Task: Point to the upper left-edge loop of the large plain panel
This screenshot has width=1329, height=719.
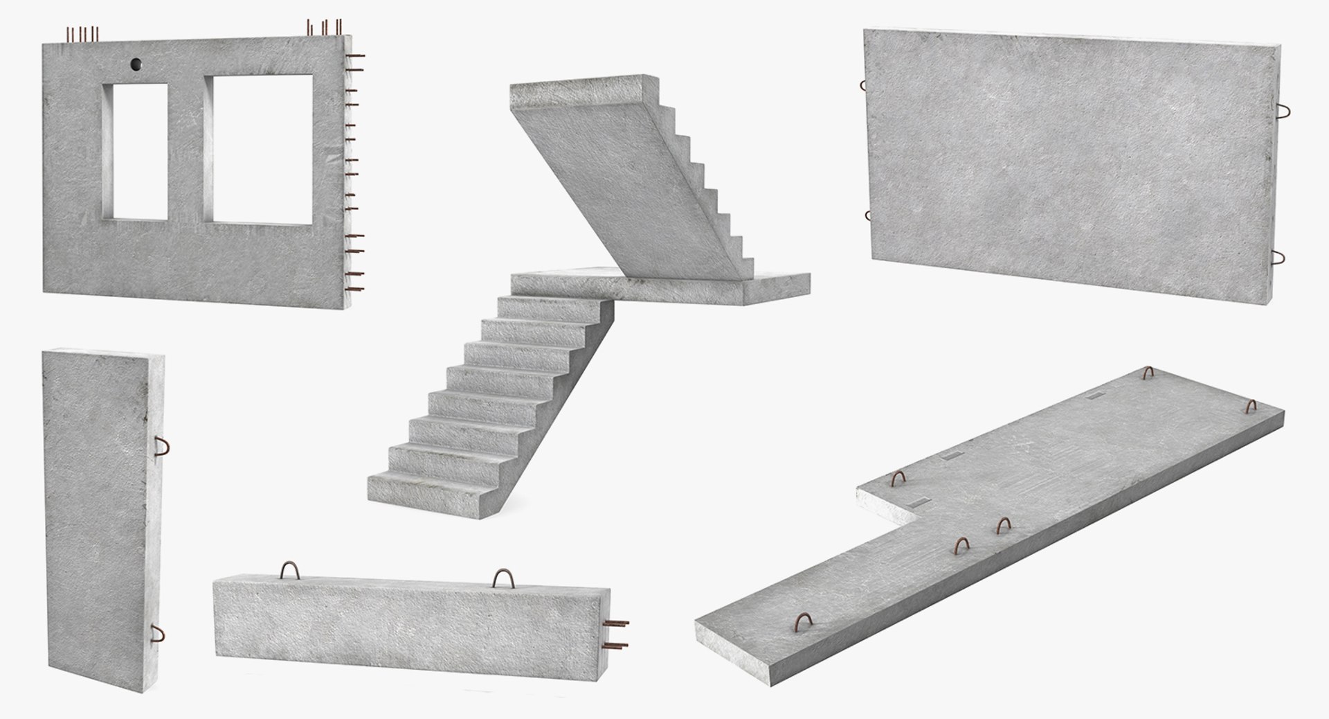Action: (x=863, y=86)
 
